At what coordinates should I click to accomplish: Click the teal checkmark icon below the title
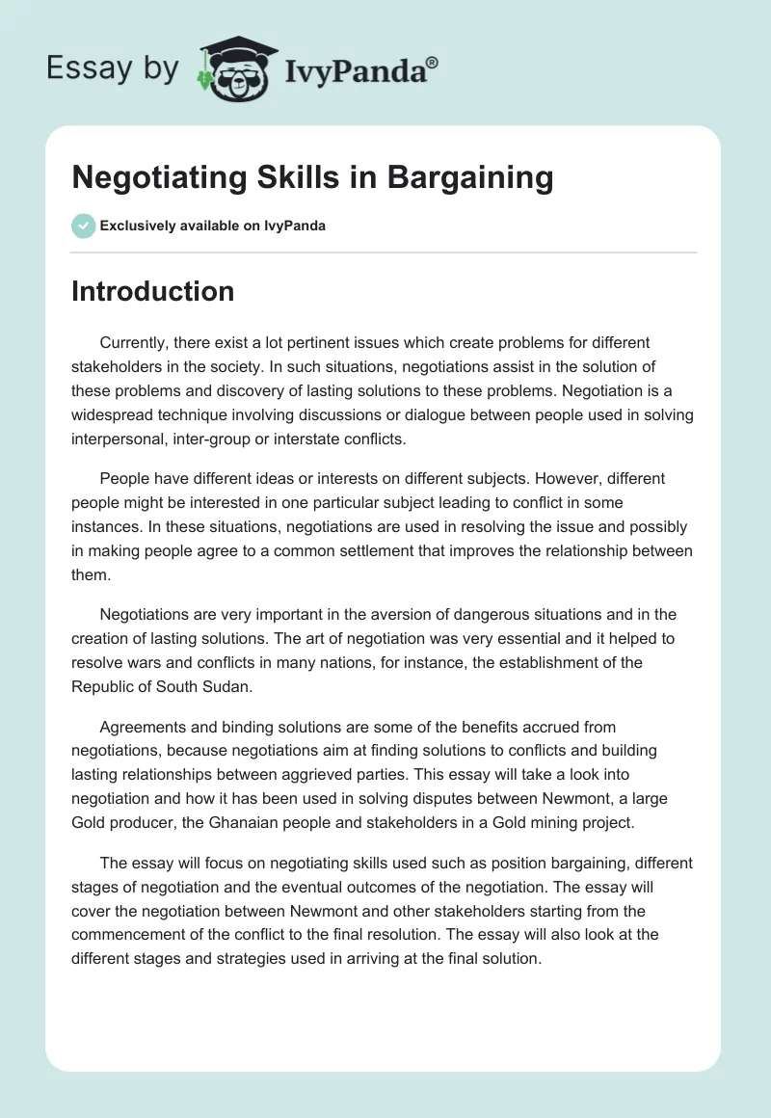[83, 226]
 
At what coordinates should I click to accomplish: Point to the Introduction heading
[152, 291]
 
